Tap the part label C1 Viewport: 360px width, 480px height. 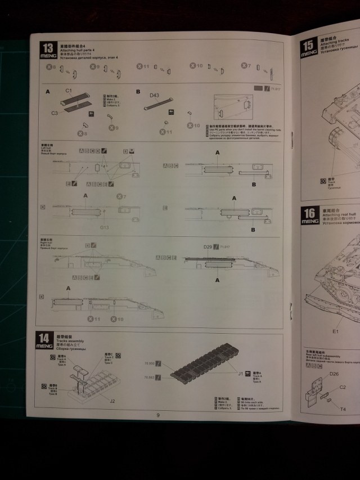[x=69, y=91]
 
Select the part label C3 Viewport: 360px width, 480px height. [x=55, y=113]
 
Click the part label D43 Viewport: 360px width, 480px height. [x=155, y=96]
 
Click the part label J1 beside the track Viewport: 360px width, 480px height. [x=241, y=372]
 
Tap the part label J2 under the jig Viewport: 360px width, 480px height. [x=112, y=401]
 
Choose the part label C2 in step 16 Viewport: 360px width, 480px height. [x=342, y=387]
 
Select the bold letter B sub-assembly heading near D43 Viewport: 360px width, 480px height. [x=138, y=91]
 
